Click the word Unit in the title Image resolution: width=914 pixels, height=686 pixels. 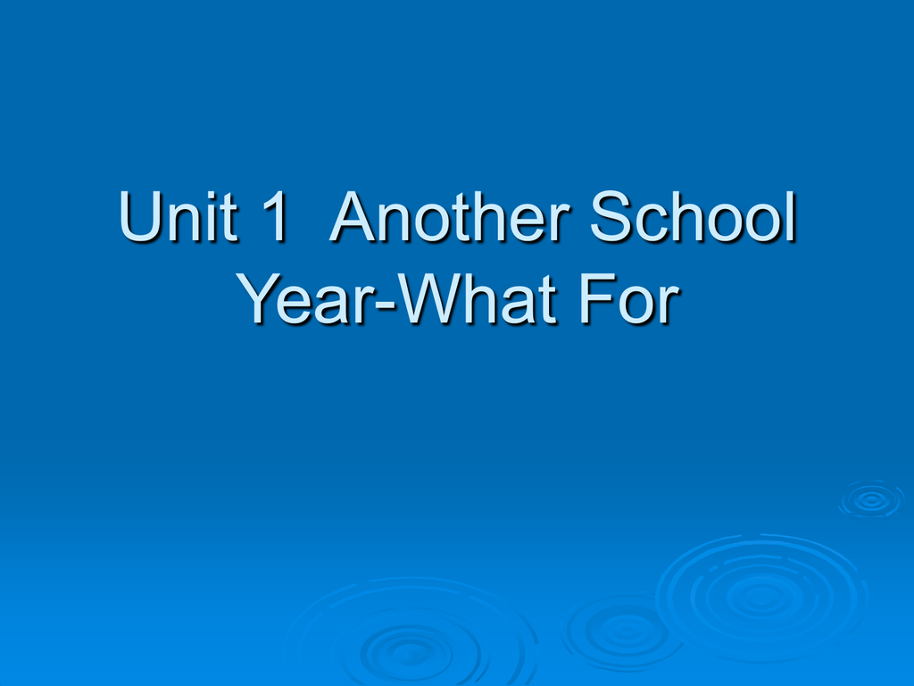point(178,216)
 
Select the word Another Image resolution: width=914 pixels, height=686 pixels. point(450,216)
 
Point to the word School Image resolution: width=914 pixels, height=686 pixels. point(693,216)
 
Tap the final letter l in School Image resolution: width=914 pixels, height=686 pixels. point(792,215)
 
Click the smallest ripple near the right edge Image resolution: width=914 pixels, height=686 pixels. point(871,499)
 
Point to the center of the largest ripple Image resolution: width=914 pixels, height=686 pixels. point(760,596)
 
